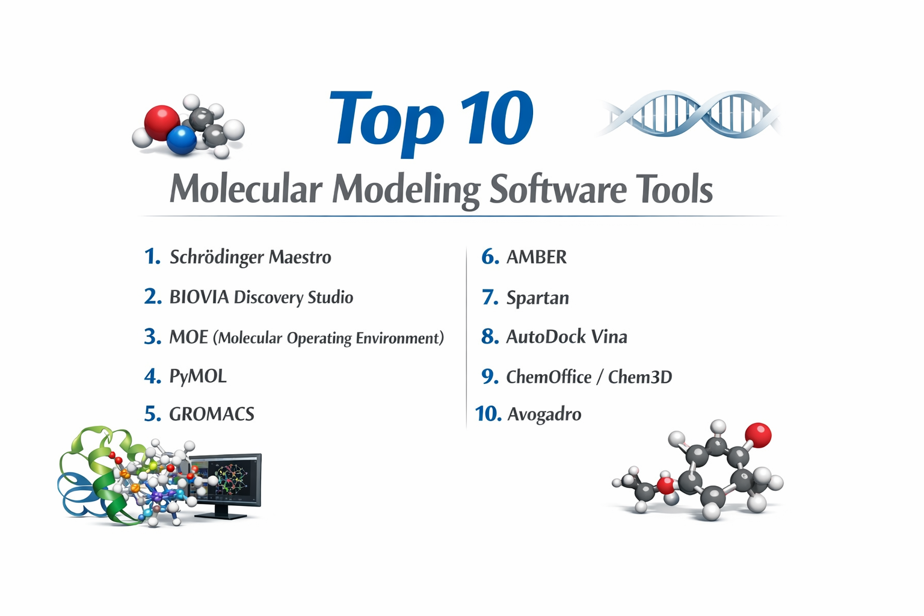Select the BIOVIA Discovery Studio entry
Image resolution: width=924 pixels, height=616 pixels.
[x=261, y=297]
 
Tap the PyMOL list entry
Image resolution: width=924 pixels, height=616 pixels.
[x=198, y=377]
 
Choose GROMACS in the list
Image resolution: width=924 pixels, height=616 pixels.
[x=212, y=414]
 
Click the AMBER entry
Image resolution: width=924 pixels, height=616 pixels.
[x=537, y=257]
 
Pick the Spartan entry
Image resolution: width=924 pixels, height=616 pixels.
[x=538, y=298]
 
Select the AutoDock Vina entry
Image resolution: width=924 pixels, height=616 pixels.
[x=567, y=337]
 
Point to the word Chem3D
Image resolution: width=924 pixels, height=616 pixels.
[x=640, y=377]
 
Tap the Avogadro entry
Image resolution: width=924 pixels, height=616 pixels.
[x=544, y=414]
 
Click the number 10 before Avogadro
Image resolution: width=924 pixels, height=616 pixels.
[x=488, y=414]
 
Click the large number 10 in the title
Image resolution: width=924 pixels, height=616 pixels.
[x=497, y=119]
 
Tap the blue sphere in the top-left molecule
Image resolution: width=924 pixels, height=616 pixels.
[x=182, y=140]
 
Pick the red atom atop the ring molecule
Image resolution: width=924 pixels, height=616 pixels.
[x=758, y=435]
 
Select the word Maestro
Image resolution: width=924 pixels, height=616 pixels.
[x=300, y=257]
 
